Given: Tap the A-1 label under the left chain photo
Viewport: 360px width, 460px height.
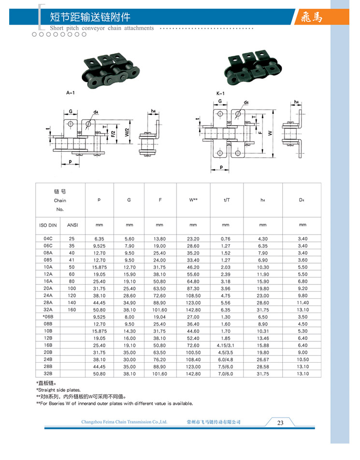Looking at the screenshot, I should [x=70, y=91].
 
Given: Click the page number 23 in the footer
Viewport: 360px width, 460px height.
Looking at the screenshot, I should [x=280, y=423].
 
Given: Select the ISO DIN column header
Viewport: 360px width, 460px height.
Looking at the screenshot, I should [x=48, y=225].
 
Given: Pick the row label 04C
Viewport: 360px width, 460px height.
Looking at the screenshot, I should [x=48, y=238].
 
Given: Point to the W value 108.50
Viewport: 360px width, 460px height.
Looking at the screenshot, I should [x=193, y=295].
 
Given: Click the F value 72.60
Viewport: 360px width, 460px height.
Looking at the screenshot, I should [x=160, y=295].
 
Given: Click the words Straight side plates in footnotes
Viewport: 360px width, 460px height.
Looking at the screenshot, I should [x=59, y=390].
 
